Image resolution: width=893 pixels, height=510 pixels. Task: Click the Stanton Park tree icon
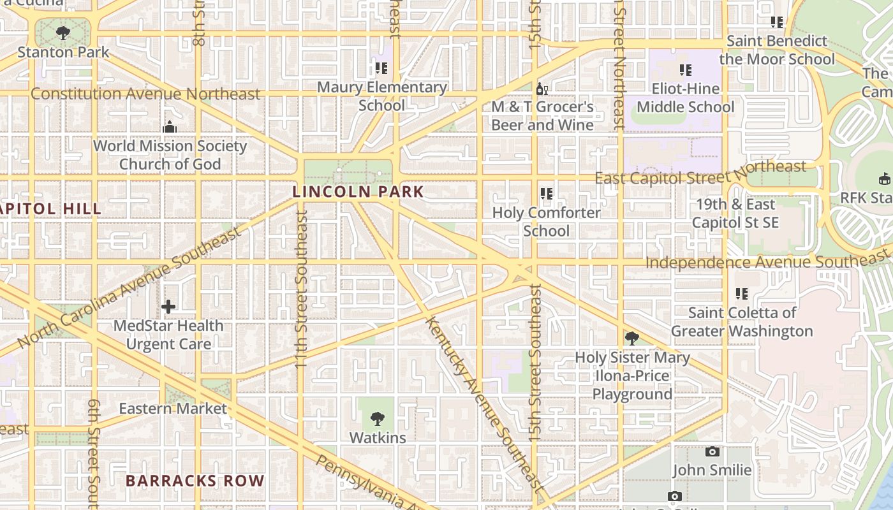[63, 33]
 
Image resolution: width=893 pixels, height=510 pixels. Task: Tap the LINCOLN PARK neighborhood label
[358, 191]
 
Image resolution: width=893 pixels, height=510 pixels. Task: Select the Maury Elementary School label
[381, 96]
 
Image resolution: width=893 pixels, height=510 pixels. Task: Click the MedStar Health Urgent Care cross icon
[168, 307]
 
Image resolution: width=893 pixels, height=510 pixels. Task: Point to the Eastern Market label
[173, 409]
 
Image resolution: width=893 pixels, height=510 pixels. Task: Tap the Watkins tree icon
[378, 418]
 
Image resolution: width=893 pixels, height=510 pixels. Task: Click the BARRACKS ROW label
[195, 481]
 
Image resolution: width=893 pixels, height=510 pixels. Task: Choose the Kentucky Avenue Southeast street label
[485, 403]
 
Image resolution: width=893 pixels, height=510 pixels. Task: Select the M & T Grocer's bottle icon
[542, 89]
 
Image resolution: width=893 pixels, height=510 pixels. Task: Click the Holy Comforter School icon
[547, 193]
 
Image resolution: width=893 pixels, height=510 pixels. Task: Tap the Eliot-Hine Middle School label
[686, 98]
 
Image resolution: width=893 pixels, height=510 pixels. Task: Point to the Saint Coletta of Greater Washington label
[742, 322]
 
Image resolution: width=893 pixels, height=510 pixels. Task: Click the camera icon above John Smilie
[712, 451]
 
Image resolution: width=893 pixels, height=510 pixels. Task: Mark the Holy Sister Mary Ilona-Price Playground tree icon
[631, 338]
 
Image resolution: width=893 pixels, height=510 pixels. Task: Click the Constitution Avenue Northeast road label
[145, 94]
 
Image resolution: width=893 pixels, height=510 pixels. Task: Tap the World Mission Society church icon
[169, 127]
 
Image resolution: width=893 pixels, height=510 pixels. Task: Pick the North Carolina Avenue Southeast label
[130, 288]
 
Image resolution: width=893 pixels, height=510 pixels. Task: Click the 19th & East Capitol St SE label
[735, 213]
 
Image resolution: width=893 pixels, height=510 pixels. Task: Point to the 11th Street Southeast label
[302, 288]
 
